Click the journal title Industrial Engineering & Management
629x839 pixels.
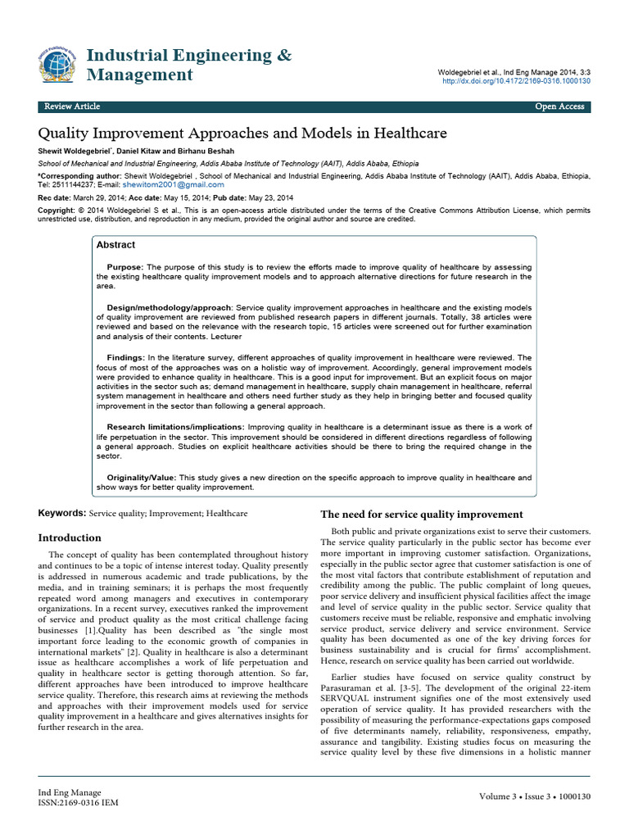pos(188,66)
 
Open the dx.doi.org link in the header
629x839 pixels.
pos(516,82)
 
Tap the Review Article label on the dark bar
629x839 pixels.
pos(72,107)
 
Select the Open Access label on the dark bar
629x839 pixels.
pos(559,107)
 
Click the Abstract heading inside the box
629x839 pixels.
pos(115,245)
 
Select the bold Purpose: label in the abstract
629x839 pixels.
pos(125,267)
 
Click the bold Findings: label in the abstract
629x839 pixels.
pos(126,357)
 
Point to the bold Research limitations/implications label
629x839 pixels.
pos(175,427)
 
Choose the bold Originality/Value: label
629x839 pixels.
pos(142,477)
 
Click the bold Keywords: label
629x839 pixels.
pos(61,513)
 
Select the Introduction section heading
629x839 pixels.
pos(70,537)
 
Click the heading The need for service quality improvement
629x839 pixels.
pos(421,515)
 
